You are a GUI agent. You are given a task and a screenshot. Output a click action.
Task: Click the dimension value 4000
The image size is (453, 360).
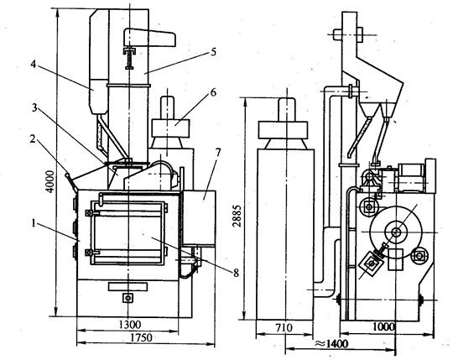coord(50,181)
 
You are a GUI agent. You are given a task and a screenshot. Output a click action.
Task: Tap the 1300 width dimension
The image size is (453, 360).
coord(130,325)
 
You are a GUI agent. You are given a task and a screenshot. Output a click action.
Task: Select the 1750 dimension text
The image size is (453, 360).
coord(141,337)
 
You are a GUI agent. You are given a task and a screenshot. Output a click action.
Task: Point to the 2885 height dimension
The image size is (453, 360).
coord(237,216)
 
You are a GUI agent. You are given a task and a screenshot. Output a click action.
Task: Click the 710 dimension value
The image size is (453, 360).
coord(284,328)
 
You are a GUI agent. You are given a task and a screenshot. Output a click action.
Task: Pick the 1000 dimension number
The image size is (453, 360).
coord(383,326)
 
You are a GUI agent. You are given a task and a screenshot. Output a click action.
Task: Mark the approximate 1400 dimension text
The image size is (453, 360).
coord(331,344)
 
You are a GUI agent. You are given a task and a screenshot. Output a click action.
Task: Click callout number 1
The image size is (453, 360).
coord(34,223)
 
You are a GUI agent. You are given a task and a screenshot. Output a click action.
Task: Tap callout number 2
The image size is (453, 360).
coord(33,139)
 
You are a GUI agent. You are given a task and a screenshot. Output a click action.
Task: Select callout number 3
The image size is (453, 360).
coord(34,108)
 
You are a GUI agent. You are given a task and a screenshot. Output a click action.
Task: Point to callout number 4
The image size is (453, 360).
coord(34,64)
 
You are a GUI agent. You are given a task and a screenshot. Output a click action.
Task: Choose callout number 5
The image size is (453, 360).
coord(214,52)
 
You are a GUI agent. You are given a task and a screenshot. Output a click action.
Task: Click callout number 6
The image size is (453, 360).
coord(213,92)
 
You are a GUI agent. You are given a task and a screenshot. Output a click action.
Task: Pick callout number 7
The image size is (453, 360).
coord(218,152)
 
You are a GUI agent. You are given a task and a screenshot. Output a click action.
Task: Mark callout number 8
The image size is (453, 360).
coord(237,273)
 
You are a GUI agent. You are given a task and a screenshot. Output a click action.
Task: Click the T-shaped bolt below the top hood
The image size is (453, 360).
coord(129,58)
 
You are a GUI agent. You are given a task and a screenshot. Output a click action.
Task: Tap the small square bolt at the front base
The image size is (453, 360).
coord(128,297)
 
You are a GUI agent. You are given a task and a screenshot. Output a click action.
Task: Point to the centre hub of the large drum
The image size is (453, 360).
coord(396,232)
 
